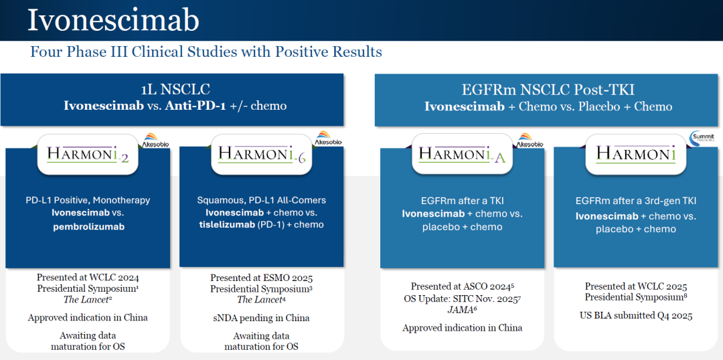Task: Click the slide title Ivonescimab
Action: point(113,20)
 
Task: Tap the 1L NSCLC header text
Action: point(175,90)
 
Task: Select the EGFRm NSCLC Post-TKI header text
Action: point(548,90)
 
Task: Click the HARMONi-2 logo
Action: point(87,153)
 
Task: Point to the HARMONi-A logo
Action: point(461,153)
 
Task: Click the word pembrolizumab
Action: point(88,228)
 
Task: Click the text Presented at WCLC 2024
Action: point(88,278)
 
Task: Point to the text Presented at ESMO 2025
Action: point(262,278)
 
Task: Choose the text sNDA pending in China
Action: point(262,318)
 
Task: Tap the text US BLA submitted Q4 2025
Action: point(636,316)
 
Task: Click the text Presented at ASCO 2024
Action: point(460,286)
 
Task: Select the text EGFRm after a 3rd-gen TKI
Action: point(636,201)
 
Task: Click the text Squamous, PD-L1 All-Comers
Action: point(262,201)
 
